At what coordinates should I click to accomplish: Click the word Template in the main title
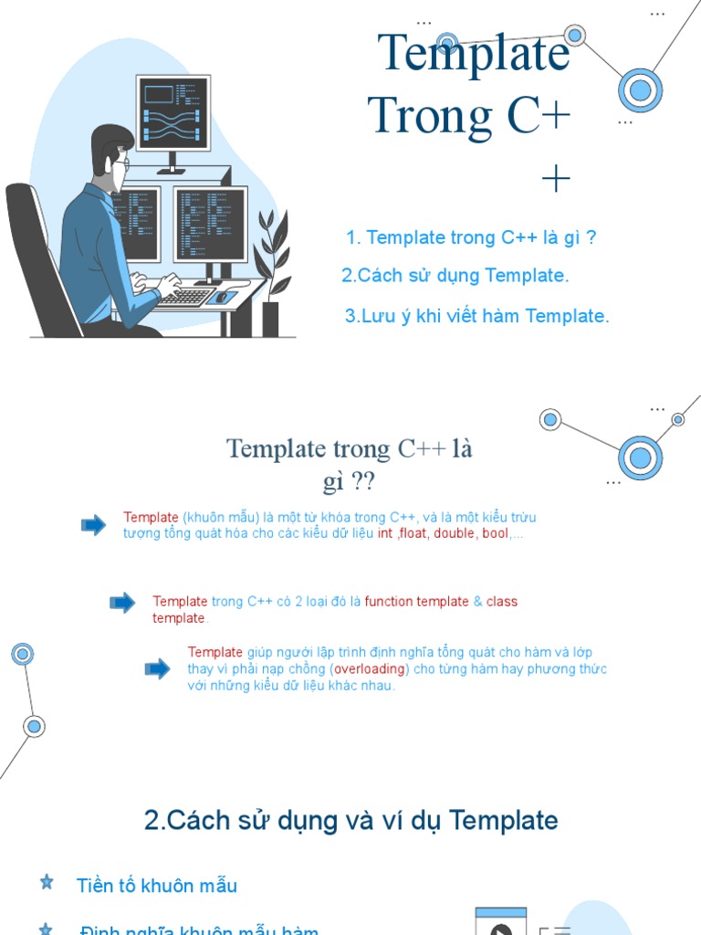coord(474,53)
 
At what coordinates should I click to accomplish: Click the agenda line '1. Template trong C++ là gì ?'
coord(472,238)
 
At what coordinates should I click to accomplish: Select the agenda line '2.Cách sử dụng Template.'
coord(455,276)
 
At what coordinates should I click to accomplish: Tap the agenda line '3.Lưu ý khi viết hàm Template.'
coord(476,317)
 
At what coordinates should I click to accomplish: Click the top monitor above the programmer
coord(173,113)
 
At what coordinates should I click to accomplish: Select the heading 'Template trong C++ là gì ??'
coord(350,464)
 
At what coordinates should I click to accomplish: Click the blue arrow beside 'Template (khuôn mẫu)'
coord(93,525)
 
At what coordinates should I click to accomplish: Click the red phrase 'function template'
coord(417,602)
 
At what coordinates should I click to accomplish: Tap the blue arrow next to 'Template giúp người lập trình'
coord(157,669)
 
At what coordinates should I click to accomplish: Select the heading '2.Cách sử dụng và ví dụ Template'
coord(350,821)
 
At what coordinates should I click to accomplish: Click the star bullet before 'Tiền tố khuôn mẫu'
coord(47,882)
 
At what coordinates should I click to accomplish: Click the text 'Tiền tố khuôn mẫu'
coord(157,886)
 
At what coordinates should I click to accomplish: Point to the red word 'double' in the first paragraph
coord(454,534)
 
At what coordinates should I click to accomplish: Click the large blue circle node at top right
coord(640,90)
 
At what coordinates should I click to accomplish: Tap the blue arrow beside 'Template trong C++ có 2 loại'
coord(122,602)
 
